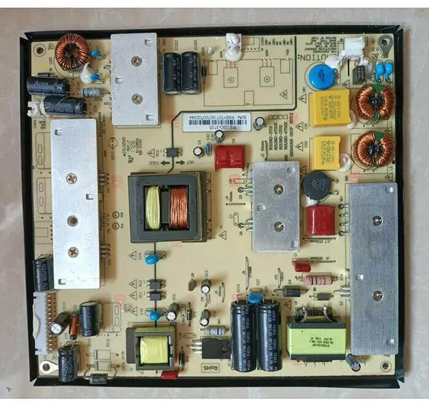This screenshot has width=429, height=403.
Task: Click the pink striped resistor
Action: pos(318,280)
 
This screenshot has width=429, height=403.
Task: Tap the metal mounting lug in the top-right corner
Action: pos(385,45)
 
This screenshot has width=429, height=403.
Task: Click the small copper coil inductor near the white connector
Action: pos(74,325)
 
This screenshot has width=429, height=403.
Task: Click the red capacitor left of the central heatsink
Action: pos(229,157)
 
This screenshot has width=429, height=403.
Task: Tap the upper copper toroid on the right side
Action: pos(373,101)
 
